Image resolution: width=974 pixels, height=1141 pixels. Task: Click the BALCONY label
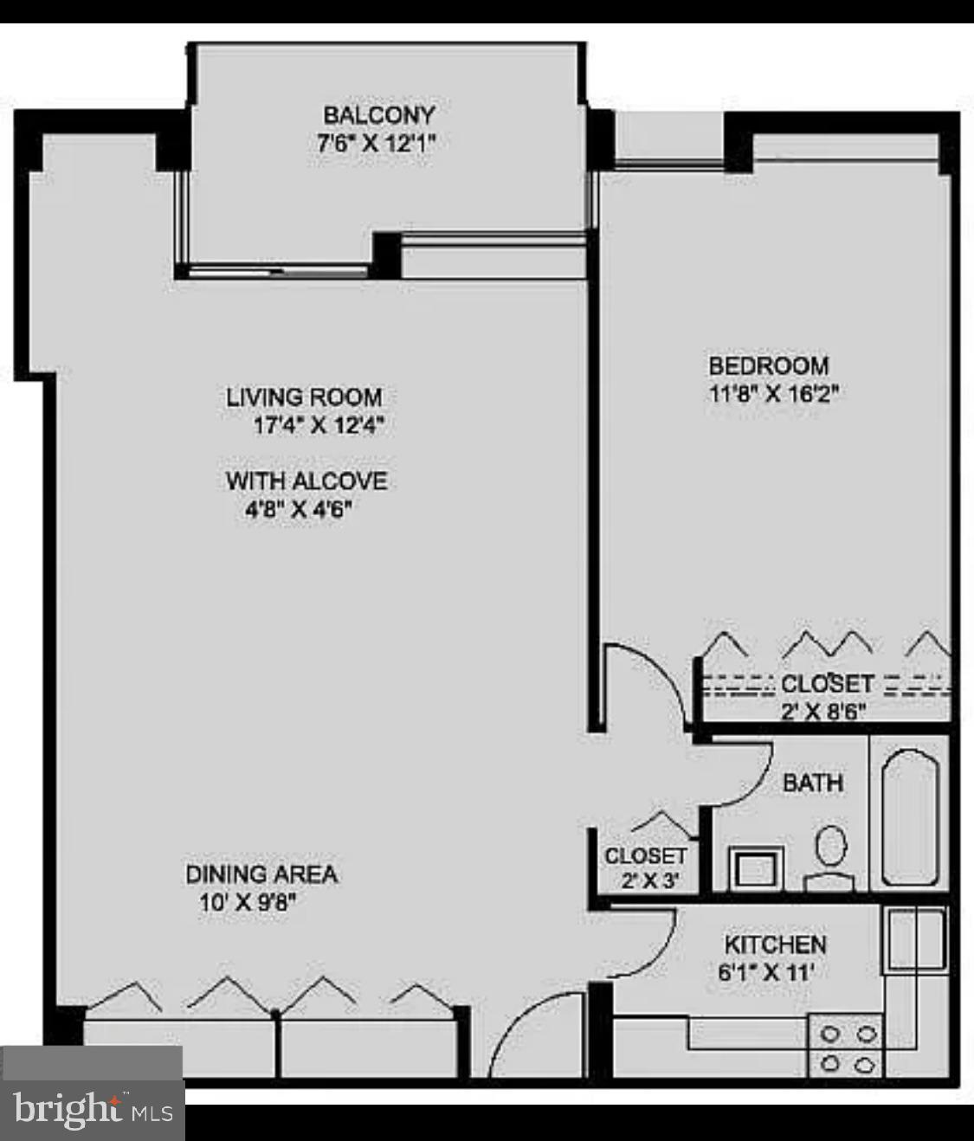point(378,115)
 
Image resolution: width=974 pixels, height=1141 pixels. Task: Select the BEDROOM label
point(768,365)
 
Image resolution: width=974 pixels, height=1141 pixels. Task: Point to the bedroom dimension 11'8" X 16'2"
point(773,394)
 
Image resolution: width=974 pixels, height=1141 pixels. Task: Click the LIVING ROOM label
point(304,397)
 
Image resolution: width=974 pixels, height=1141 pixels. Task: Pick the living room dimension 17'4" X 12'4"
point(318,426)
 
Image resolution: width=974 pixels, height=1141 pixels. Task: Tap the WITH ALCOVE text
point(306,480)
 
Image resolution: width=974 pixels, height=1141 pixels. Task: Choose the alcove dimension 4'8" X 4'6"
point(299,509)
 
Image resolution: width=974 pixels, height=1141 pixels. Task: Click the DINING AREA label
point(261,874)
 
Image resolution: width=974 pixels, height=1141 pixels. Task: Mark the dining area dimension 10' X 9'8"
point(248,902)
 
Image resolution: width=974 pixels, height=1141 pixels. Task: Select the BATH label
point(812,783)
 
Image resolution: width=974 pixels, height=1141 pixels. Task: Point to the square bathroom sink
point(756,867)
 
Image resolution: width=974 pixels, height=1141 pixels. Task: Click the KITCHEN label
point(775,944)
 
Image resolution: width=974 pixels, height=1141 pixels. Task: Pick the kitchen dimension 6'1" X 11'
point(765,972)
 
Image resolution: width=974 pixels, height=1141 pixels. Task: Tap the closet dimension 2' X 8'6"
point(823,712)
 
